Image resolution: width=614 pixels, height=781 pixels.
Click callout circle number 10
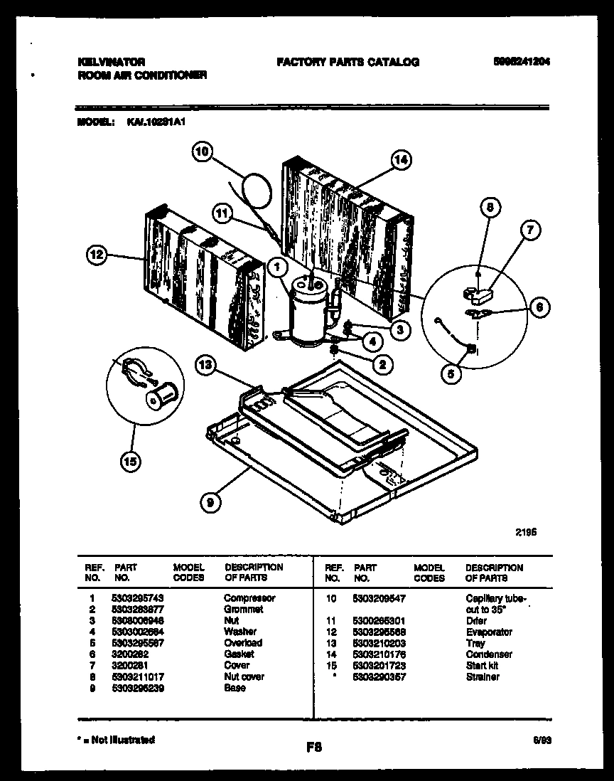point(203,152)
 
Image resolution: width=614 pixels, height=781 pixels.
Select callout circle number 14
point(401,161)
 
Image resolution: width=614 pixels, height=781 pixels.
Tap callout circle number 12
point(99,254)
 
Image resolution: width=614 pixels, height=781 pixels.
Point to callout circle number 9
point(210,502)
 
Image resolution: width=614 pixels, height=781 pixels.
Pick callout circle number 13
point(205,366)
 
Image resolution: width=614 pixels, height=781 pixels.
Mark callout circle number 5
point(450,373)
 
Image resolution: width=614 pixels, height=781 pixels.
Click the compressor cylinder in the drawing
point(305,312)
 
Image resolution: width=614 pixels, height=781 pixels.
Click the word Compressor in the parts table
point(249,598)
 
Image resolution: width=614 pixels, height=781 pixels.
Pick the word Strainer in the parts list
point(482,676)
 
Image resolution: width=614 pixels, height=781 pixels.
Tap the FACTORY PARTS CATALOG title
point(348,62)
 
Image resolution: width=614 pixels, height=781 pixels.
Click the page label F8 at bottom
point(313,747)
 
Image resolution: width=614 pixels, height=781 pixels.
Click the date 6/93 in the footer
point(542,740)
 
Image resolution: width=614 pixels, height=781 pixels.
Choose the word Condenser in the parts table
point(488,654)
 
